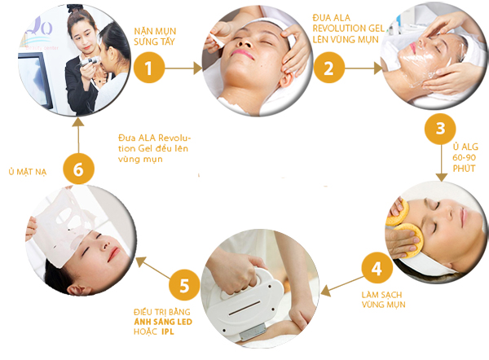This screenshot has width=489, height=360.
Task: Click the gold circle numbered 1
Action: [149, 68]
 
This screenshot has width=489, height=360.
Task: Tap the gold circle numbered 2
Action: [328, 68]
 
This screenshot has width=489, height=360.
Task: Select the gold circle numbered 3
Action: [440, 129]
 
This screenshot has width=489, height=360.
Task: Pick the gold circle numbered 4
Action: [377, 268]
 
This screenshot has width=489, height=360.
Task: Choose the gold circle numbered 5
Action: [184, 285]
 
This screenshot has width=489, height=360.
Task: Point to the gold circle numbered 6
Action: [78, 169]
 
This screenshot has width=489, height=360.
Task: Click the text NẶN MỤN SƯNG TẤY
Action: [155, 36]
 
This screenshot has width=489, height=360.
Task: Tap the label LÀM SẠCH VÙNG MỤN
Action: [383, 300]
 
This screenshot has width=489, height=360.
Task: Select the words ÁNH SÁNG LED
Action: [163, 322]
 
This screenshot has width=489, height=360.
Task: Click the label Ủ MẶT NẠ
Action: [28, 171]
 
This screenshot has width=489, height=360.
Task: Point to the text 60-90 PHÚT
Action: [464, 163]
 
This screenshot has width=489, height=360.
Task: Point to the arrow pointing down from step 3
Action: [441, 162]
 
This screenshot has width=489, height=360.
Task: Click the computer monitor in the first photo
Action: [35, 80]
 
